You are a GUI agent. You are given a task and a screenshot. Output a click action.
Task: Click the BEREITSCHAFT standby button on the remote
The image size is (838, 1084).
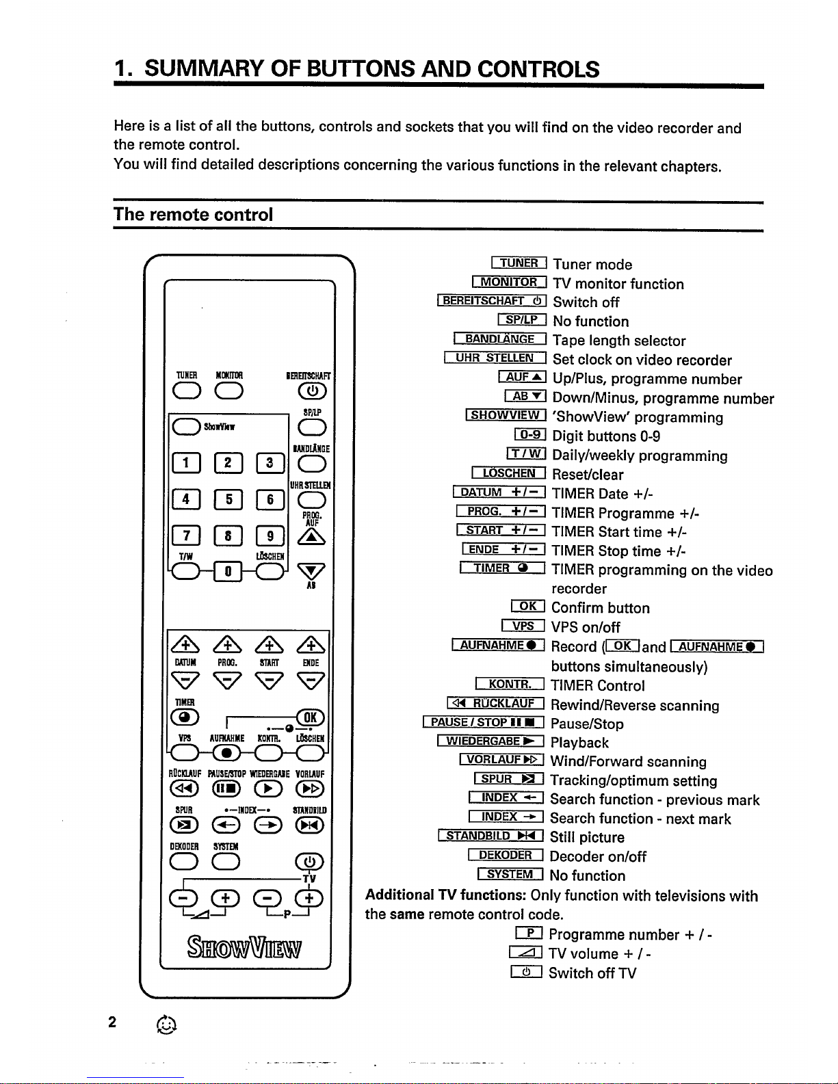pos(311,391)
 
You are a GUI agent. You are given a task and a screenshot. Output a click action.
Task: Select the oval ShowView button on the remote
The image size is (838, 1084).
pos(183,427)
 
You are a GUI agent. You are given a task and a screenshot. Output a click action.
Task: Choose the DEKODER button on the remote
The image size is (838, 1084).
pos(184,862)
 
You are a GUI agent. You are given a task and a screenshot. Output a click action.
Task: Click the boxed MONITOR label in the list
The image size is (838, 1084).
pos(509,282)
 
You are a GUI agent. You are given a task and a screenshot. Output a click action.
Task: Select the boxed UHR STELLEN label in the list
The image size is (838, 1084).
pos(495,358)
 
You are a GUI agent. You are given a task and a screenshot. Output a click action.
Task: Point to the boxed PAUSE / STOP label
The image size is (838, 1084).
pos(484,723)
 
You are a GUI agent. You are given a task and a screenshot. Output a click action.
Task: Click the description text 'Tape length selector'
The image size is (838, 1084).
pos(618,341)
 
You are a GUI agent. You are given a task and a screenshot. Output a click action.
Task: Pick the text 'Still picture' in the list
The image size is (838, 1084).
pos(587,837)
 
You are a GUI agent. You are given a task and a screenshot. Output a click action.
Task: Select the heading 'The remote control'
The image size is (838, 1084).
pos(193,214)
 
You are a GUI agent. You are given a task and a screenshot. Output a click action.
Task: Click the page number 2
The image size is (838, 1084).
pos(112,1022)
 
